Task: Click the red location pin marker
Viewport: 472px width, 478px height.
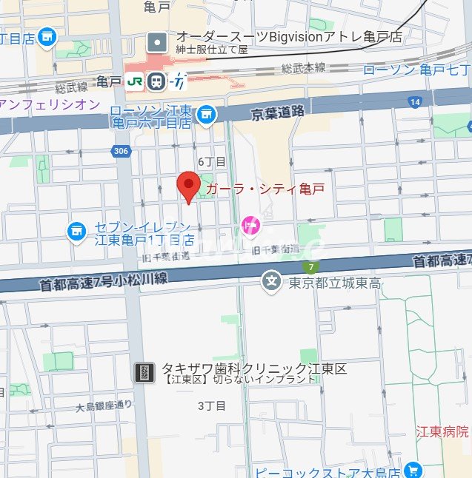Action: tap(189, 185)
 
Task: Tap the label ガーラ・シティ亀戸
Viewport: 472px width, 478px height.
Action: tap(265, 189)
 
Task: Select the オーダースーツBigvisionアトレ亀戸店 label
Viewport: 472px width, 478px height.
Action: tap(288, 36)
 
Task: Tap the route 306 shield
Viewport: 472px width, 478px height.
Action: tap(121, 151)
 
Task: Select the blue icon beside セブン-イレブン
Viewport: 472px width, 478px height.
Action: tap(76, 232)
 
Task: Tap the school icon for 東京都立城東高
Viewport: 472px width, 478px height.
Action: tap(272, 281)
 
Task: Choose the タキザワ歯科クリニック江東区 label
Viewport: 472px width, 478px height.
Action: tap(254, 368)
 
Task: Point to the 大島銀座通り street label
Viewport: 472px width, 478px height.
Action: tap(104, 405)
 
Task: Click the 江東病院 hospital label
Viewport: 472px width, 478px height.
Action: tap(442, 431)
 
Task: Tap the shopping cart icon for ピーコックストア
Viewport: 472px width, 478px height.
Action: tap(413, 470)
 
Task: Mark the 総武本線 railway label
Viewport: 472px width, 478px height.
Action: tap(303, 67)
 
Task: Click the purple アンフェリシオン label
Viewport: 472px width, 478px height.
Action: tap(49, 104)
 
